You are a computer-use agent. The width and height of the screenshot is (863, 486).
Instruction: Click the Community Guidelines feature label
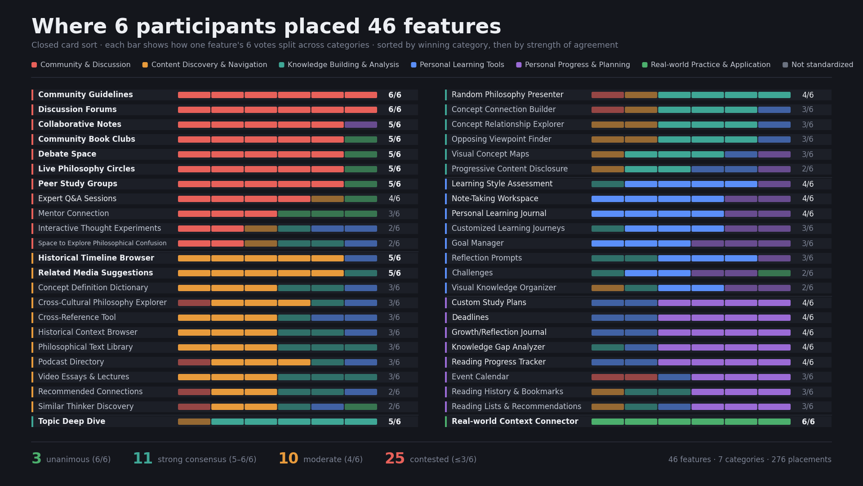[x=85, y=94]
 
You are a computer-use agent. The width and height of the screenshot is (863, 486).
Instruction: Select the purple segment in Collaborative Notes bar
[x=361, y=125]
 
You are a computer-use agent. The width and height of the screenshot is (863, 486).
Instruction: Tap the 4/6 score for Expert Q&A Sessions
[x=394, y=198]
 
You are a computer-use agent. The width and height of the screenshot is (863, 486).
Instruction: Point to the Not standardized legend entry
[x=818, y=65]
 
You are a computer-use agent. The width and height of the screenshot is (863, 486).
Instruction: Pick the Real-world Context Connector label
[x=515, y=421]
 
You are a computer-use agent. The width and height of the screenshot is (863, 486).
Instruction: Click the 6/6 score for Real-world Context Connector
[x=808, y=422]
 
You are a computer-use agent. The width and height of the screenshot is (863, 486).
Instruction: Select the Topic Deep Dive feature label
[x=71, y=421]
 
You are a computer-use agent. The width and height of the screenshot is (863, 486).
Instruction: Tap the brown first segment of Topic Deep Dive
[x=194, y=422]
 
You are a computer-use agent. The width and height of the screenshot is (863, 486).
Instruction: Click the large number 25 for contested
[x=395, y=459]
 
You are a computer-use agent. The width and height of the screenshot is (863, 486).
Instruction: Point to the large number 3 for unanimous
[x=36, y=459]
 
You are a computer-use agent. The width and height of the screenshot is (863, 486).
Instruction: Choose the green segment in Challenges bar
[x=774, y=273]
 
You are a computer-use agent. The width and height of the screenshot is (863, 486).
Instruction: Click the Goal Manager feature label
[x=477, y=243]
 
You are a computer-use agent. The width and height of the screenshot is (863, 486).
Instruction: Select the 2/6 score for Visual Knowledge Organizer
[x=808, y=288]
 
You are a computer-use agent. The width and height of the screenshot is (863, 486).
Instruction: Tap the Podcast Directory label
[x=71, y=362]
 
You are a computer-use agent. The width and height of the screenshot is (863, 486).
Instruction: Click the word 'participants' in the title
[x=206, y=27]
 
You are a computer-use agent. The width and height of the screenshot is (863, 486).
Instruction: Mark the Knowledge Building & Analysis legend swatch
[x=282, y=65]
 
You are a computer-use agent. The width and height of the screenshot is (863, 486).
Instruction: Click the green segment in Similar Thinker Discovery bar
[x=361, y=407]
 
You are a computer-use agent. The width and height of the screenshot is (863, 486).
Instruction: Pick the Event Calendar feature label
[x=480, y=377]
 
